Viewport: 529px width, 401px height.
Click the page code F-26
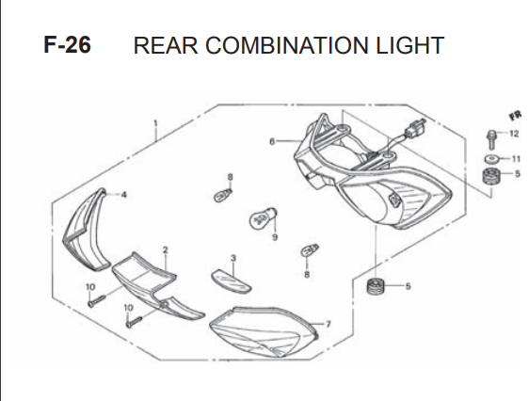coord(67,45)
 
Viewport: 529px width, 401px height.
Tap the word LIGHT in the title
coord(409,45)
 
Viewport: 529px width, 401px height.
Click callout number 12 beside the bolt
coord(514,134)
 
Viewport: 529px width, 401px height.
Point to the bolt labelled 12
coord(491,139)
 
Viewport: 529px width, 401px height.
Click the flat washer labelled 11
coord(491,158)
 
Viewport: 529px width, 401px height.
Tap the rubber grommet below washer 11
coord(491,176)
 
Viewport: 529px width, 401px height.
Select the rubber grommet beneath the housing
coord(376,286)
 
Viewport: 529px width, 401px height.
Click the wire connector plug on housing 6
coord(415,129)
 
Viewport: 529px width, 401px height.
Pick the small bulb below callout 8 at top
coord(223,195)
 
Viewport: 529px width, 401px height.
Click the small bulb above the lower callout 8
coord(310,250)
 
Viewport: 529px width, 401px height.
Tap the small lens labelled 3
coord(232,281)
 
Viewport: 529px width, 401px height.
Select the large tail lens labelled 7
coord(264,332)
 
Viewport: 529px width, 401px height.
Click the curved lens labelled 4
coord(85,230)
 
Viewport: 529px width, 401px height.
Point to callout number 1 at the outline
coord(155,123)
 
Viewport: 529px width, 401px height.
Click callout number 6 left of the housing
coord(272,141)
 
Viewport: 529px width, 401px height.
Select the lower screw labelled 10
coord(134,322)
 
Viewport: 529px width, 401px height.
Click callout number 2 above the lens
coord(165,250)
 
